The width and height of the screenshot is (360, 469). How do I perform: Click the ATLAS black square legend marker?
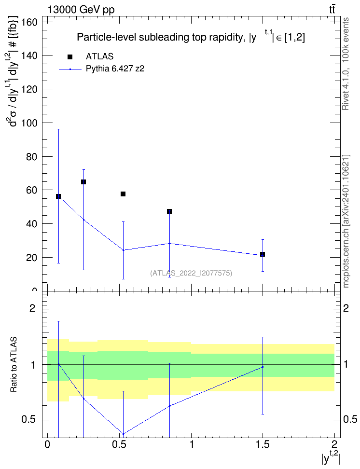click(x=70, y=57)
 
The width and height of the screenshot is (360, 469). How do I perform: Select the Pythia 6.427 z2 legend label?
click(x=115, y=69)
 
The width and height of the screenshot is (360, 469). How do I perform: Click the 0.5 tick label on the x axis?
click(x=119, y=444)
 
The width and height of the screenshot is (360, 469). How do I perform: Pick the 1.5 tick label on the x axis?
click(x=263, y=444)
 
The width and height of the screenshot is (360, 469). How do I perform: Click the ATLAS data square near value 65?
click(x=83, y=182)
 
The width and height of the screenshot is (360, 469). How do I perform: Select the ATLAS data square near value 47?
click(x=169, y=211)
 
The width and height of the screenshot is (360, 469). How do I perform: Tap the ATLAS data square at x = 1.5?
click(x=263, y=254)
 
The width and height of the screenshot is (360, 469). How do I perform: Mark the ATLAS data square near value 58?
click(x=123, y=194)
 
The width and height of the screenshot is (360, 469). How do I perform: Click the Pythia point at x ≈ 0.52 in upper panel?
click(x=123, y=250)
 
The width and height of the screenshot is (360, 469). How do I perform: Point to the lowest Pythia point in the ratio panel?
click(x=123, y=434)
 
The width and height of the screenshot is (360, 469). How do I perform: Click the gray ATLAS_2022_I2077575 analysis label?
click(x=191, y=273)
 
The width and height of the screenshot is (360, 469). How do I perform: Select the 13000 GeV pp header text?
click(x=81, y=10)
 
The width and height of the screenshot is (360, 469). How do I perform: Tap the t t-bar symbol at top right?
click(x=332, y=10)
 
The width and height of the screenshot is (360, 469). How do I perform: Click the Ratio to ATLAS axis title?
click(x=14, y=365)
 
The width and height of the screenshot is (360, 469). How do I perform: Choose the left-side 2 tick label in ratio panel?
click(x=32, y=308)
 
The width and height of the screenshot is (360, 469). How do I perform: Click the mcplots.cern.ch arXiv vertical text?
click(x=346, y=221)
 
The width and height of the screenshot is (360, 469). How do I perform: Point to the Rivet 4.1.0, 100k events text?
click(x=346, y=64)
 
